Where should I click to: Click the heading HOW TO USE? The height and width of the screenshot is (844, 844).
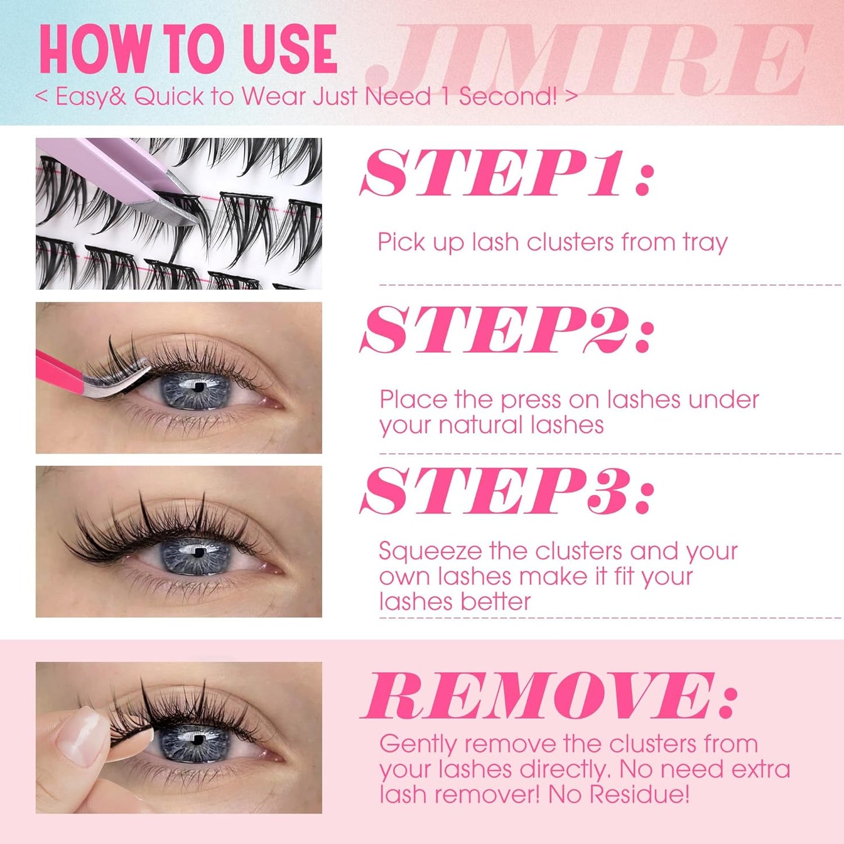tap(188, 50)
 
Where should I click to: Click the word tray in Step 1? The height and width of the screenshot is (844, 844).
tap(705, 242)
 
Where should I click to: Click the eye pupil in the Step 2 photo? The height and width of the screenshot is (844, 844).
tap(199, 387)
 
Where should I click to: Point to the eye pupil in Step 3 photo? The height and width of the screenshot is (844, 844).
tap(199, 552)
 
